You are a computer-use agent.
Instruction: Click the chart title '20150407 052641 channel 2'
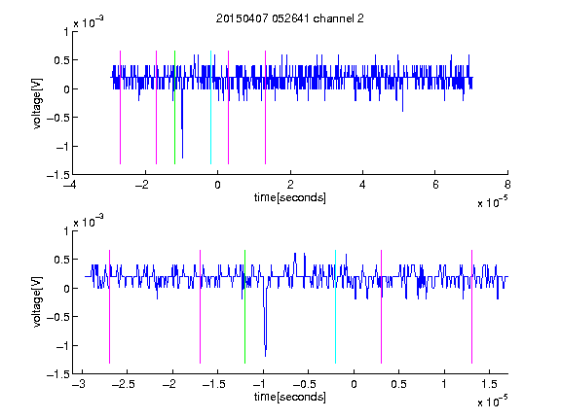(290, 18)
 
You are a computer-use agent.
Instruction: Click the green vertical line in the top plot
(174, 107)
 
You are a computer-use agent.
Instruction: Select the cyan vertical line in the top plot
(210, 107)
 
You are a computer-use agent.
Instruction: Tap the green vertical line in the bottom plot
(244, 306)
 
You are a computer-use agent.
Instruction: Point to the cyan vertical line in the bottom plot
(335, 306)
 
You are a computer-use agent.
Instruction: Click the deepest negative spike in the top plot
(182, 157)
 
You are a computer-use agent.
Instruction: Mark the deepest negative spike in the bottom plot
(265, 356)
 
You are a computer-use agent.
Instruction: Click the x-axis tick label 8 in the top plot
(507, 185)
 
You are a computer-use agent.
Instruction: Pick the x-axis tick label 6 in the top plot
(435, 185)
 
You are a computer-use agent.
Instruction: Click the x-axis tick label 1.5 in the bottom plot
(489, 384)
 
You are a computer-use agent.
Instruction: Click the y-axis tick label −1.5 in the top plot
(58, 175)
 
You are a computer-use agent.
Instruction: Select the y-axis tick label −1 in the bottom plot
(62, 346)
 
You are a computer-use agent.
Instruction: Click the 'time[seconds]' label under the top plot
(290, 197)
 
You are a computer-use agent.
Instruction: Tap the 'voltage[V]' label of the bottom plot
(37, 302)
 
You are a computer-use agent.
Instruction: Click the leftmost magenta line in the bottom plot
(109, 306)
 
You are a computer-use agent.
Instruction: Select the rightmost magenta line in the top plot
(265, 107)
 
